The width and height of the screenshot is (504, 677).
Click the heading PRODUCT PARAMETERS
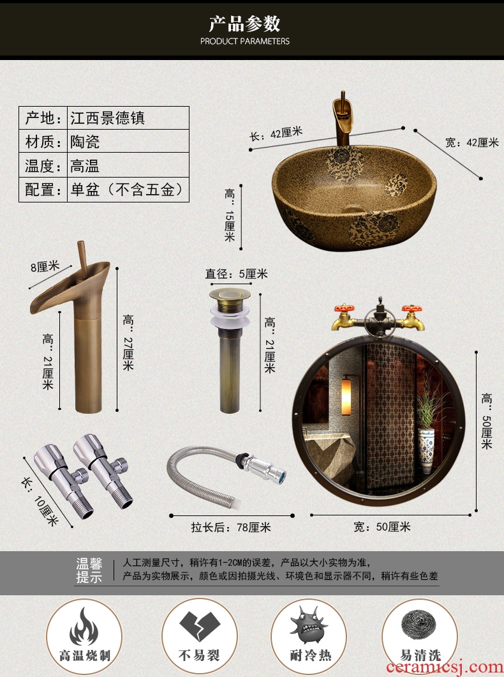tap(245, 42)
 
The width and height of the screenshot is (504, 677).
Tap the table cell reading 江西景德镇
tap(128, 118)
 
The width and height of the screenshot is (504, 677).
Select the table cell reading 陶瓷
tap(128, 141)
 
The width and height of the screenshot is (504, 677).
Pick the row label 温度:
tap(43, 165)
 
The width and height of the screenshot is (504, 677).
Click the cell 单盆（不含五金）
tap(128, 190)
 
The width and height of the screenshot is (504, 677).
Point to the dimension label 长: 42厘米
tap(276, 133)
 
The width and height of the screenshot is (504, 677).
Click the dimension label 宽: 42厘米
tap(471, 142)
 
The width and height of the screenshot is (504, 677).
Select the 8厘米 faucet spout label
tap(45, 266)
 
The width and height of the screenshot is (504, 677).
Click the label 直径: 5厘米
tap(236, 274)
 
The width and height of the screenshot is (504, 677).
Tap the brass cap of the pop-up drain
tap(230, 295)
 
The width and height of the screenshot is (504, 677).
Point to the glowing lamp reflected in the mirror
tap(346, 397)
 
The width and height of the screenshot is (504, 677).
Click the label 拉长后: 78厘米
tap(231, 527)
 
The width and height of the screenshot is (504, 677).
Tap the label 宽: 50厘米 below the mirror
tap(382, 527)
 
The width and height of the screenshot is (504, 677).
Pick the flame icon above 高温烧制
tap(84, 627)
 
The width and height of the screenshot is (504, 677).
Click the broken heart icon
tap(200, 626)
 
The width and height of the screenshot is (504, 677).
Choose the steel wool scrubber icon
tap(420, 627)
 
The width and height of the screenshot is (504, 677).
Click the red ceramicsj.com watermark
tap(445, 667)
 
